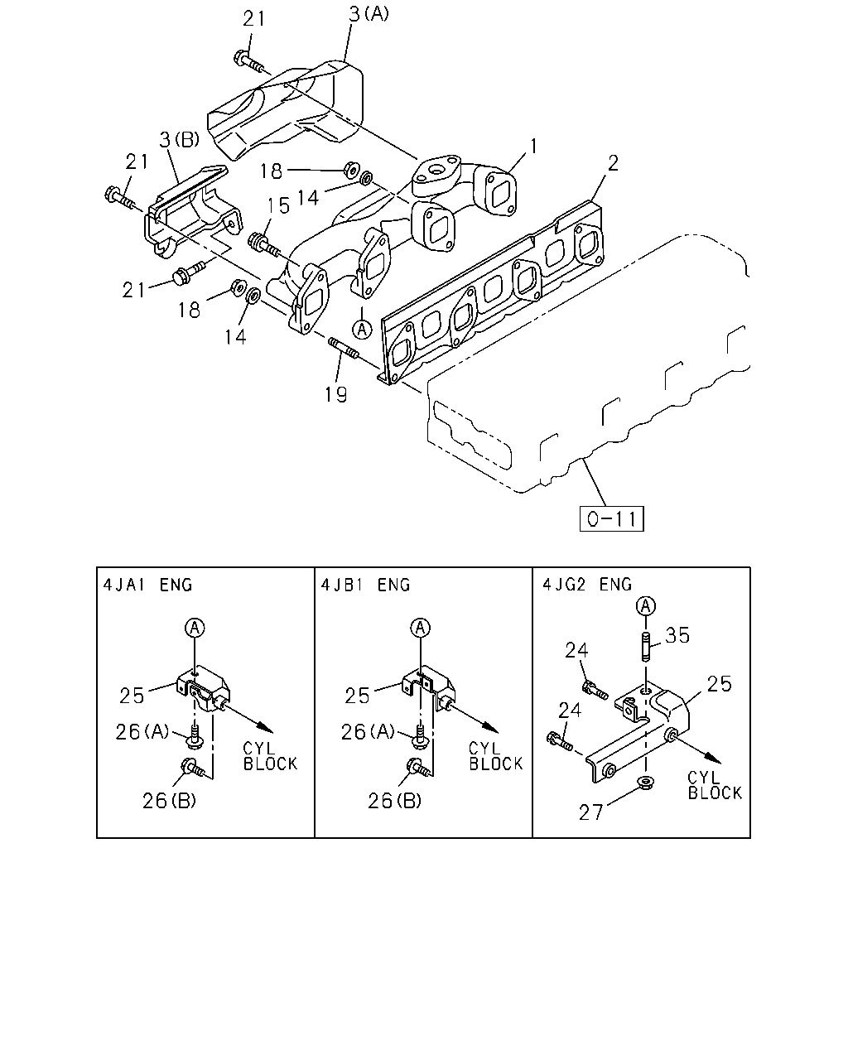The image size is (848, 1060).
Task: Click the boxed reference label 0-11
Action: pyautogui.click(x=611, y=518)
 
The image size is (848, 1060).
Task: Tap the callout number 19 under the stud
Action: pyautogui.click(x=336, y=394)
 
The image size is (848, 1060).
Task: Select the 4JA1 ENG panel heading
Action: pyautogui.click(x=147, y=585)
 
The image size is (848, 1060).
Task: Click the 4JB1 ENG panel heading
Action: pyautogui.click(x=365, y=585)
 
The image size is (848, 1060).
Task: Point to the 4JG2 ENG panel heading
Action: pyautogui.click(x=587, y=585)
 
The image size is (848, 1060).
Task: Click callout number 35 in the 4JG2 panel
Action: pyautogui.click(x=677, y=635)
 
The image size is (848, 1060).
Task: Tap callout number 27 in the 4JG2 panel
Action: pyautogui.click(x=590, y=812)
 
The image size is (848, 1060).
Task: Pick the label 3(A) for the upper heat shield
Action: pyautogui.click(x=369, y=14)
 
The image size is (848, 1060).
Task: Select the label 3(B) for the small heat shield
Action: pyautogui.click(x=180, y=140)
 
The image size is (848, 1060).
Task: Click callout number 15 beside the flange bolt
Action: pyautogui.click(x=278, y=206)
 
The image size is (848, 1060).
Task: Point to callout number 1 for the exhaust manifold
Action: pyautogui.click(x=533, y=147)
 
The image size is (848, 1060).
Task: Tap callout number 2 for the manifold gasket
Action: pyautogui.click(x=613, y=163)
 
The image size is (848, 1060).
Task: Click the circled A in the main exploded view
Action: pyautogui.click(x=362, y=329)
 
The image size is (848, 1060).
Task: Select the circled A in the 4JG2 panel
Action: pyautogui.click(x=646, y=606)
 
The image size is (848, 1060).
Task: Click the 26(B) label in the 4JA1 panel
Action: pyautogui.click(x=169, y=802)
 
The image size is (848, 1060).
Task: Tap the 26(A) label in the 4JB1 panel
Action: pyautogui.click(x=368, y=732)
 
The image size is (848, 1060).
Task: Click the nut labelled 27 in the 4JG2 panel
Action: pyautogui.click(x=645, y=783)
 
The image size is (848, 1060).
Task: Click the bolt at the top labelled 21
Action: pyautogui.click(x=248, y=61)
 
